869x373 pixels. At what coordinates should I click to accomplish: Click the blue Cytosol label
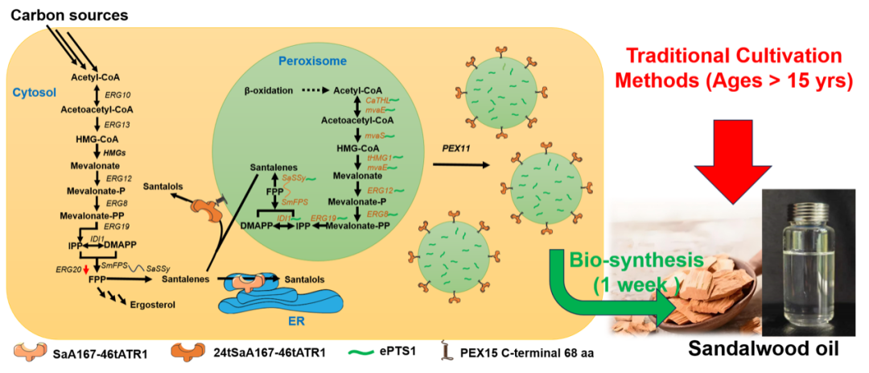(x=33, y=93)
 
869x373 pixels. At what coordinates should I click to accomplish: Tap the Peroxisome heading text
(x=312, y=61)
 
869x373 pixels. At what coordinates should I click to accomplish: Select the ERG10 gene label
(x=117, y=94)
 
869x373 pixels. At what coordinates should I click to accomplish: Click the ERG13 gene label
(x=117, y=125)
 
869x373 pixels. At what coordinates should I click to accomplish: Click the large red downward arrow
(x=732, y=158)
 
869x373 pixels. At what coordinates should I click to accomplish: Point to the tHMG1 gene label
(x=378, y=159)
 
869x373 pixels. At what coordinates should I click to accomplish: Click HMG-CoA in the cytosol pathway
(x=97, y=139)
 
